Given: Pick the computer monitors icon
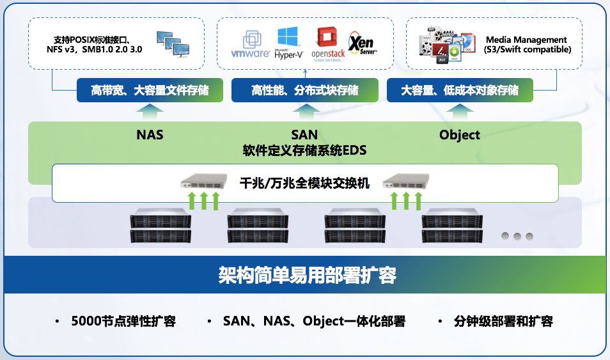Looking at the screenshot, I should tap(173, 44).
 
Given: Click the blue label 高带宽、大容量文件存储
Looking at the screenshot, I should tap(150, 90).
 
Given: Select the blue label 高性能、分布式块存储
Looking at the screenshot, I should tap(305, 90).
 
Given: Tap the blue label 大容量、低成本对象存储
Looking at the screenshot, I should tap(460, 90).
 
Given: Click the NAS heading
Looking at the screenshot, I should tap(150, 135).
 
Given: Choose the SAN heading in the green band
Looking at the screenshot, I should tap(304, 135).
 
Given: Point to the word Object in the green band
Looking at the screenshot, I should tap(460, 135).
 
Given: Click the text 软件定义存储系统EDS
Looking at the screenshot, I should tap(304, 151).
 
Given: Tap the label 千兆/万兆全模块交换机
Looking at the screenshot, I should tap(305, 182).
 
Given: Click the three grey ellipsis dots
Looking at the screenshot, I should tap(517, 236).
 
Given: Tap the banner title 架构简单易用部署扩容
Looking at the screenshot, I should tap(308, 275).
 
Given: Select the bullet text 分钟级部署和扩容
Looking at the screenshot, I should tap(503, 321).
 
